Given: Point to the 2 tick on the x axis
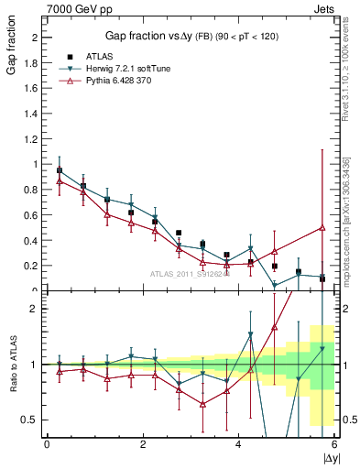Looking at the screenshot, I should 143,444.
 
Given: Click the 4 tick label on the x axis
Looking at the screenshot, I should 238,444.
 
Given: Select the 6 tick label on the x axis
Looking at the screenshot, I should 333,444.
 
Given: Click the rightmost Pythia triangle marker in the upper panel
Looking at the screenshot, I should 322,228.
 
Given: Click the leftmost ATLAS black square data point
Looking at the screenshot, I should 60,170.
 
